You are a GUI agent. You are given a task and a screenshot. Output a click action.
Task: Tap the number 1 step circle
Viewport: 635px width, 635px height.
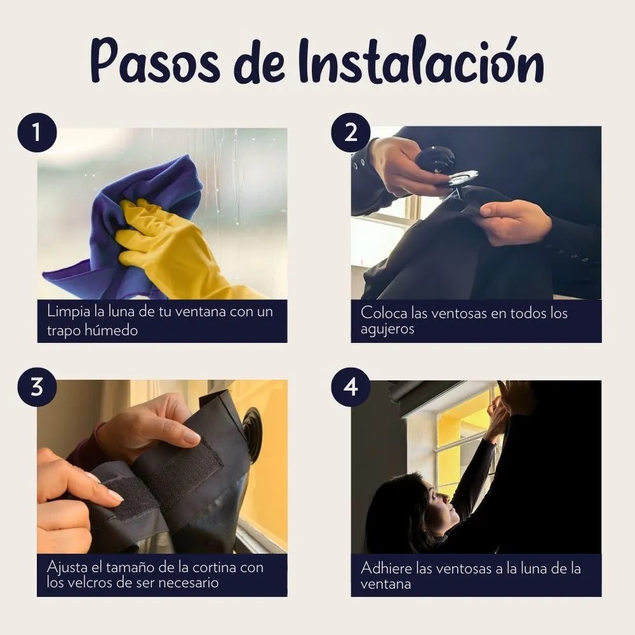[37, 133]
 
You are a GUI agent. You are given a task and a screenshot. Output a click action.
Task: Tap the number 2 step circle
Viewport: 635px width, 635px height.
[351, 133]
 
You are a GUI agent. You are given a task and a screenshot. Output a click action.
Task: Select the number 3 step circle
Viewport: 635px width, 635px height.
[37, 387]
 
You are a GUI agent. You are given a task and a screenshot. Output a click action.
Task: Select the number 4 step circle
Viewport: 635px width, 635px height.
[351, 387]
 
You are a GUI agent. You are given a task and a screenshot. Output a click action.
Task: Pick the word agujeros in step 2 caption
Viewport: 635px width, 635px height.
[387, 329]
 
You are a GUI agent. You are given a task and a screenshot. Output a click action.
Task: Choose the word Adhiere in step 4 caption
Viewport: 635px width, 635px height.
[386, 568]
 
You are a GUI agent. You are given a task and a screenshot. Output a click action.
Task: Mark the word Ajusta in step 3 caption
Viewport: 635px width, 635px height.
[67, 567]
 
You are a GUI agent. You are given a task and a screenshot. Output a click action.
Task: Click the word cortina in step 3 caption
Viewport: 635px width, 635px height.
[214, 567]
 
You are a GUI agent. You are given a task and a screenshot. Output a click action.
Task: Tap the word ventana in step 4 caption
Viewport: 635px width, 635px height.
[385, 584]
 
